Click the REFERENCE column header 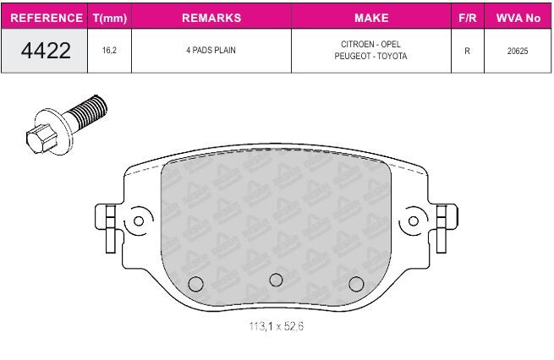point(47,18)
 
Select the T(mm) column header point(109,18)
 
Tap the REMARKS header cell point(211,18)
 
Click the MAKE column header point(371,18)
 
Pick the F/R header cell point(467,18)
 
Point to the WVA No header point(518,18)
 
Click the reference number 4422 point(46,50)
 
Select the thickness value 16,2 point(109,50)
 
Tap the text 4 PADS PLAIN point(211,50)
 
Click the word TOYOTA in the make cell point(392,56)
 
